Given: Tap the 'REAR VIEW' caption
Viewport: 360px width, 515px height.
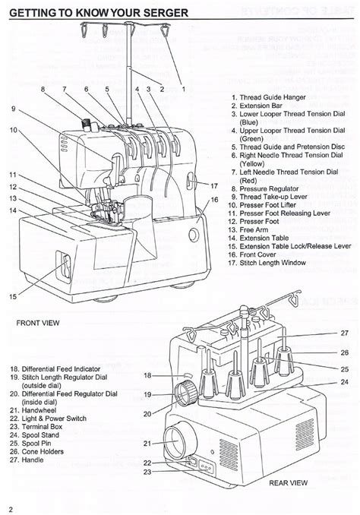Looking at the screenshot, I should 288,482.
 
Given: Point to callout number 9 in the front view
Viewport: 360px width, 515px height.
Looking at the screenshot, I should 14,109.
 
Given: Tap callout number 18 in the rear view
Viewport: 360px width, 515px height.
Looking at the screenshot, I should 147,375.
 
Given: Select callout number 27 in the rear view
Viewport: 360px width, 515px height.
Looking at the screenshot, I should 345,333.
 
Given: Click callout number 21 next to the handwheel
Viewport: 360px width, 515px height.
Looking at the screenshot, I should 147,444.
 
